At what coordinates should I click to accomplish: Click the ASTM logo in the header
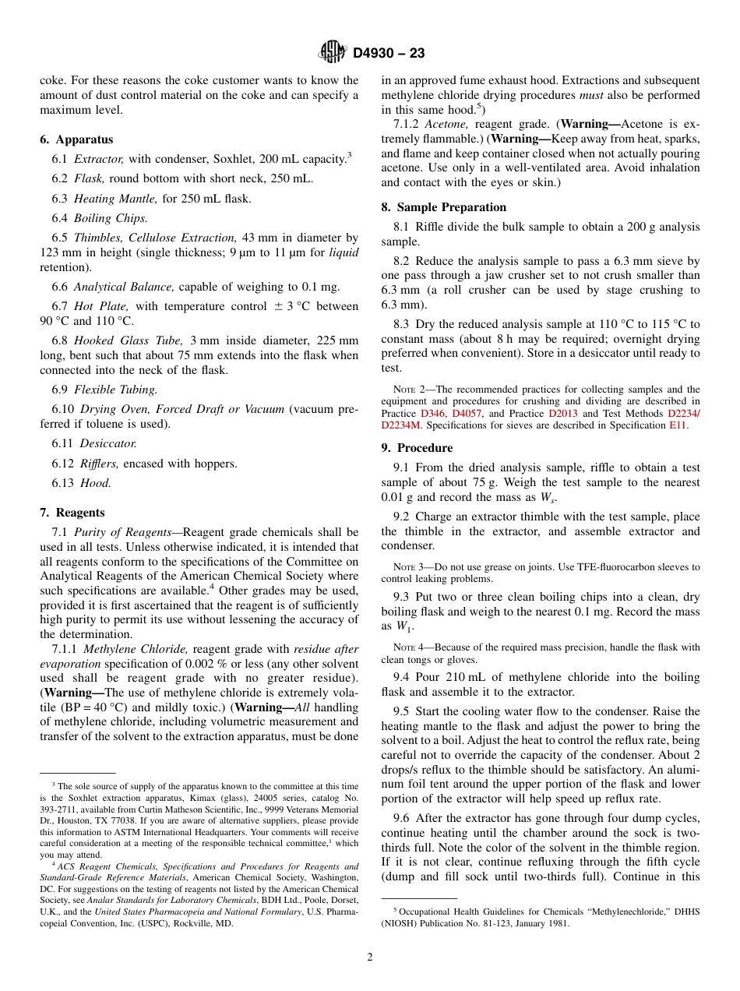333,53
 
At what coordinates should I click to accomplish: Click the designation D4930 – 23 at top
389,54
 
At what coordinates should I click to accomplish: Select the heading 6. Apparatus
76,139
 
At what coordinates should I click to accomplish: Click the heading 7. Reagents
72,513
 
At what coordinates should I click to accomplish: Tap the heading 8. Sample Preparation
443,207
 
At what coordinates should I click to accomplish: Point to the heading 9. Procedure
417,448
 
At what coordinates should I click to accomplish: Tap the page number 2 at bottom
370,957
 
